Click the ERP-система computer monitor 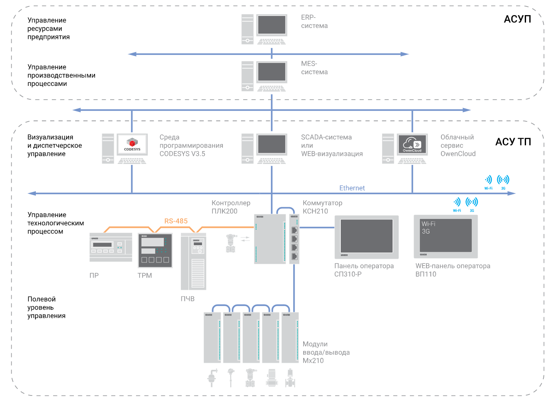click(272, 25)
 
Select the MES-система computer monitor click(272, 72)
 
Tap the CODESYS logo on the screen click(132, 144)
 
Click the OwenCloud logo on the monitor click(412, 144)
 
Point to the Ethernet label click(352, 188)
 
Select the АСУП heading click(517, 19)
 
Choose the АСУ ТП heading click(513, 142)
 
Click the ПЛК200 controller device click(270, 239)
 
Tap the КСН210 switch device click(294, 239)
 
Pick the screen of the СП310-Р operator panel click(367, 236)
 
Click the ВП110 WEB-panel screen click(446, 235)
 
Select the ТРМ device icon click(155, 250)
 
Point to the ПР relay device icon click(111, 247)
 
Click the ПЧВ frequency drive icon click(193, 261)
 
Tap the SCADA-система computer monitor click(272, 144)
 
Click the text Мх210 click(313, 360)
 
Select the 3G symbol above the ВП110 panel click(472, 205)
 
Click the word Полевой click(41, 299)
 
